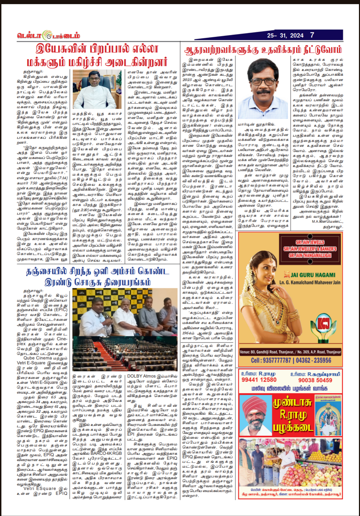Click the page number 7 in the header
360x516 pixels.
pyautogui.click(x=312, y=35)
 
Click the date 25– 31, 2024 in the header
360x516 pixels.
pyautogui.click(x=285, y=35)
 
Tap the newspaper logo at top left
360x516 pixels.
pyautogui.click(x=48, y=35)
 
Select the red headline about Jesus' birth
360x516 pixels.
pyautogui.click(x=97, y=55)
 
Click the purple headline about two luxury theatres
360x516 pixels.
pyautogui.click(x=97, y=276)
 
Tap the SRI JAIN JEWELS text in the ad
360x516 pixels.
pyautogui.click(x=310, y=242)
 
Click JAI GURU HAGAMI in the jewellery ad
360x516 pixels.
pyautogui.click(x=313, y=275)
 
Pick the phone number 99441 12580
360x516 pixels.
pyautogui.click(x=259, y=380)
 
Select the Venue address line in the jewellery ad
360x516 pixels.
pyautogui.click(x=290, y=352)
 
